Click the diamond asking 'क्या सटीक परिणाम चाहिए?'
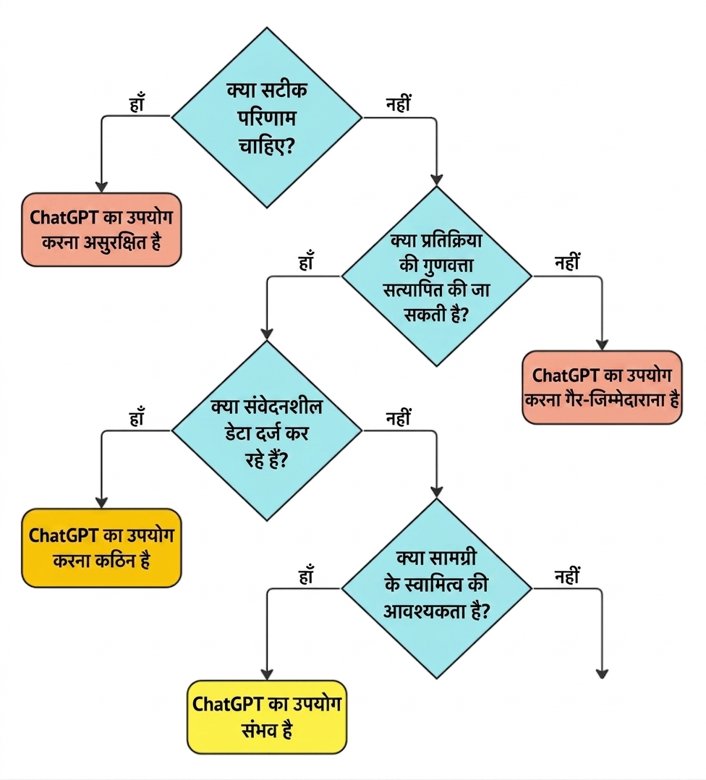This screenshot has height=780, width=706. coord(266,117)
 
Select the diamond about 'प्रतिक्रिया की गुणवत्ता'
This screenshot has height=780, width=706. coord(436,276)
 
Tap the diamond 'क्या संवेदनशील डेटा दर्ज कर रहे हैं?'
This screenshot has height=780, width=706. coord(266,431)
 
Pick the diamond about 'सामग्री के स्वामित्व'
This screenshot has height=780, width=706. coord(436,588)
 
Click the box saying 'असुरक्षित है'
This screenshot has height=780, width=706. coord(101,230)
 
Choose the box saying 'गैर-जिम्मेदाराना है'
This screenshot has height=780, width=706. coord(602,388)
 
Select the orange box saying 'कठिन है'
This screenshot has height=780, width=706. coord(101,548)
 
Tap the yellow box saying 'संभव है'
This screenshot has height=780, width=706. coord(266,717)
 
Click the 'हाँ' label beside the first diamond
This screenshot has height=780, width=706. coord(137,103)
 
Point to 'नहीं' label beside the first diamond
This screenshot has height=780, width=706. coord(399,104)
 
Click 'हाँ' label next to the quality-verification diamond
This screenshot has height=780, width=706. coord(306,262)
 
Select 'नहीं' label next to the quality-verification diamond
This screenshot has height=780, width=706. coord(567,262)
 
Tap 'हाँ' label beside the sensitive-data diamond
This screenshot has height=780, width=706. coord(137,417)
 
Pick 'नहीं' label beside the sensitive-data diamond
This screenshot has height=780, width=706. coord(399,417)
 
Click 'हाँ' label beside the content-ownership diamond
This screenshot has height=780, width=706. coord(306,575)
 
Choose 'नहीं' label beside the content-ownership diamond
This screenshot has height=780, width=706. coord(567,575)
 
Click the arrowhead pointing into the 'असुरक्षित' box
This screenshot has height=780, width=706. coord(101,187)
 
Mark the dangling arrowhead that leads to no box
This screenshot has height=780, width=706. coord(602,674)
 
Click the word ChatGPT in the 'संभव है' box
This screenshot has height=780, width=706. coord(226,705)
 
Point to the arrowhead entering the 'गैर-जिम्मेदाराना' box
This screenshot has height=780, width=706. coord(602,344)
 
